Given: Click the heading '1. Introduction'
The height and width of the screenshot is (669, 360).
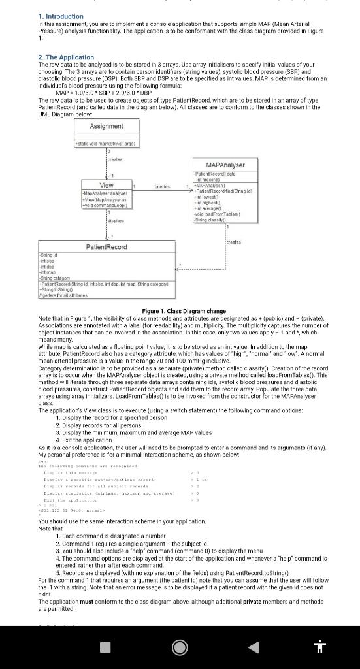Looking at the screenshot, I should coord(61,16).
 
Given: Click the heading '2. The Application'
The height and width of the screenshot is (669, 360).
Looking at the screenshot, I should coord(67,57).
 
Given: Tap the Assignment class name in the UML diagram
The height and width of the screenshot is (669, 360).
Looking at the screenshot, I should coord(106,126).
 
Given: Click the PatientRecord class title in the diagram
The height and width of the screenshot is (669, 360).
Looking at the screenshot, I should coord(106,246).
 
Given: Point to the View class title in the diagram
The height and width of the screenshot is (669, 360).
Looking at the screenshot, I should coord(106,185).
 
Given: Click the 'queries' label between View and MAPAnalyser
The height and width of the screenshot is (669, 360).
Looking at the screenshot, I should coord(163,186).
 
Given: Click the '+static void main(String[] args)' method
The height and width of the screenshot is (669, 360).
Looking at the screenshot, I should coord(106,143).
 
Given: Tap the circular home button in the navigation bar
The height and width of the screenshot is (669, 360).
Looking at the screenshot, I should coord(180,646).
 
